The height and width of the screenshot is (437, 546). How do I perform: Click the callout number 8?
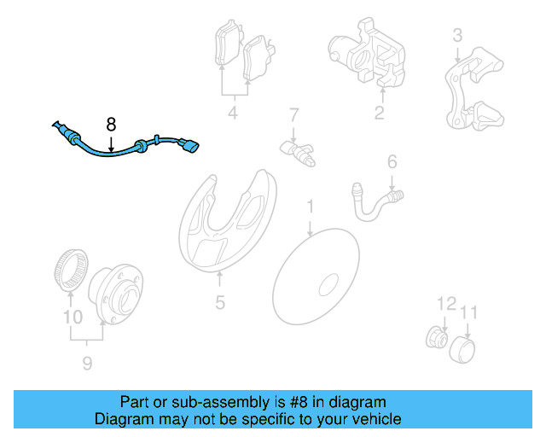[x=111, y=125]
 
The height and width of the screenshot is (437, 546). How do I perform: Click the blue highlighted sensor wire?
[x=109, y=152]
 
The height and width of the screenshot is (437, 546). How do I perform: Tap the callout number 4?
[x=233, y=113]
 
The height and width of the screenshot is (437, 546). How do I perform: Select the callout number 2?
[x=379, y=113]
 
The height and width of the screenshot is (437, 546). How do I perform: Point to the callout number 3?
[x=457, y=35]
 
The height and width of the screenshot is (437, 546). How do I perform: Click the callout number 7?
[x=294, y=114]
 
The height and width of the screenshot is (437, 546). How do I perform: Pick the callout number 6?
[x=392, y=161]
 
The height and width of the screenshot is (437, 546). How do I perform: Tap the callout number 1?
[x=310, y=207]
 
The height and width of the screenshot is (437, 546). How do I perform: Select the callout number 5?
[x=220, y=302]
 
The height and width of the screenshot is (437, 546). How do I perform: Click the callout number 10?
[x=73, y=317]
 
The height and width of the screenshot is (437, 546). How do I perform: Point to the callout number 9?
[x=87, y=364]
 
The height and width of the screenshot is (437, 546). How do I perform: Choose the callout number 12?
[x=446, y=304]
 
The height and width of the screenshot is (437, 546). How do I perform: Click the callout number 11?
[x=468, y=312]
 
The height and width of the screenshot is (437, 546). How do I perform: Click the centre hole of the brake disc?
[x=328, y=284]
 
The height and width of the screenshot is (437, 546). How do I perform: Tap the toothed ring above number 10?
[x=71, y=270]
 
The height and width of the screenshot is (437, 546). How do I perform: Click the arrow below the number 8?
[x=111, y=144]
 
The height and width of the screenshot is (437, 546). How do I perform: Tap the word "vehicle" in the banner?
[x=379, y=419]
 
